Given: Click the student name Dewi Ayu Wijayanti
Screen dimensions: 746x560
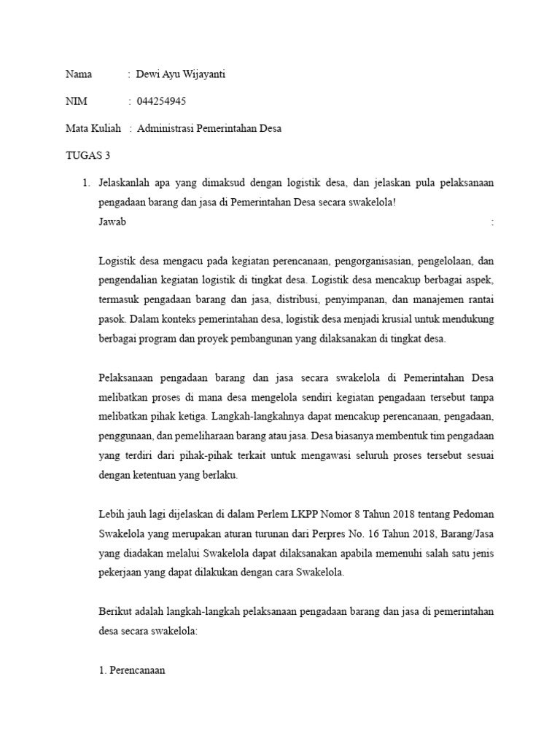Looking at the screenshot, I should pos(181,75).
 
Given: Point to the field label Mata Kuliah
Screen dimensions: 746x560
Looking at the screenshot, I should pos(93,128).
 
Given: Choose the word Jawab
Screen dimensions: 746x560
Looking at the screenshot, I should pos(112,222).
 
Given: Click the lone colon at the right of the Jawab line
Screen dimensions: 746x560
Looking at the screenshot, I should pos(493,222).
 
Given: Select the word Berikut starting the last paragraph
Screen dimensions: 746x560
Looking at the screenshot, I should pos(115,612).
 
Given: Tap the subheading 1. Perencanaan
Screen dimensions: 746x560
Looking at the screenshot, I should pos(132,670).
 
